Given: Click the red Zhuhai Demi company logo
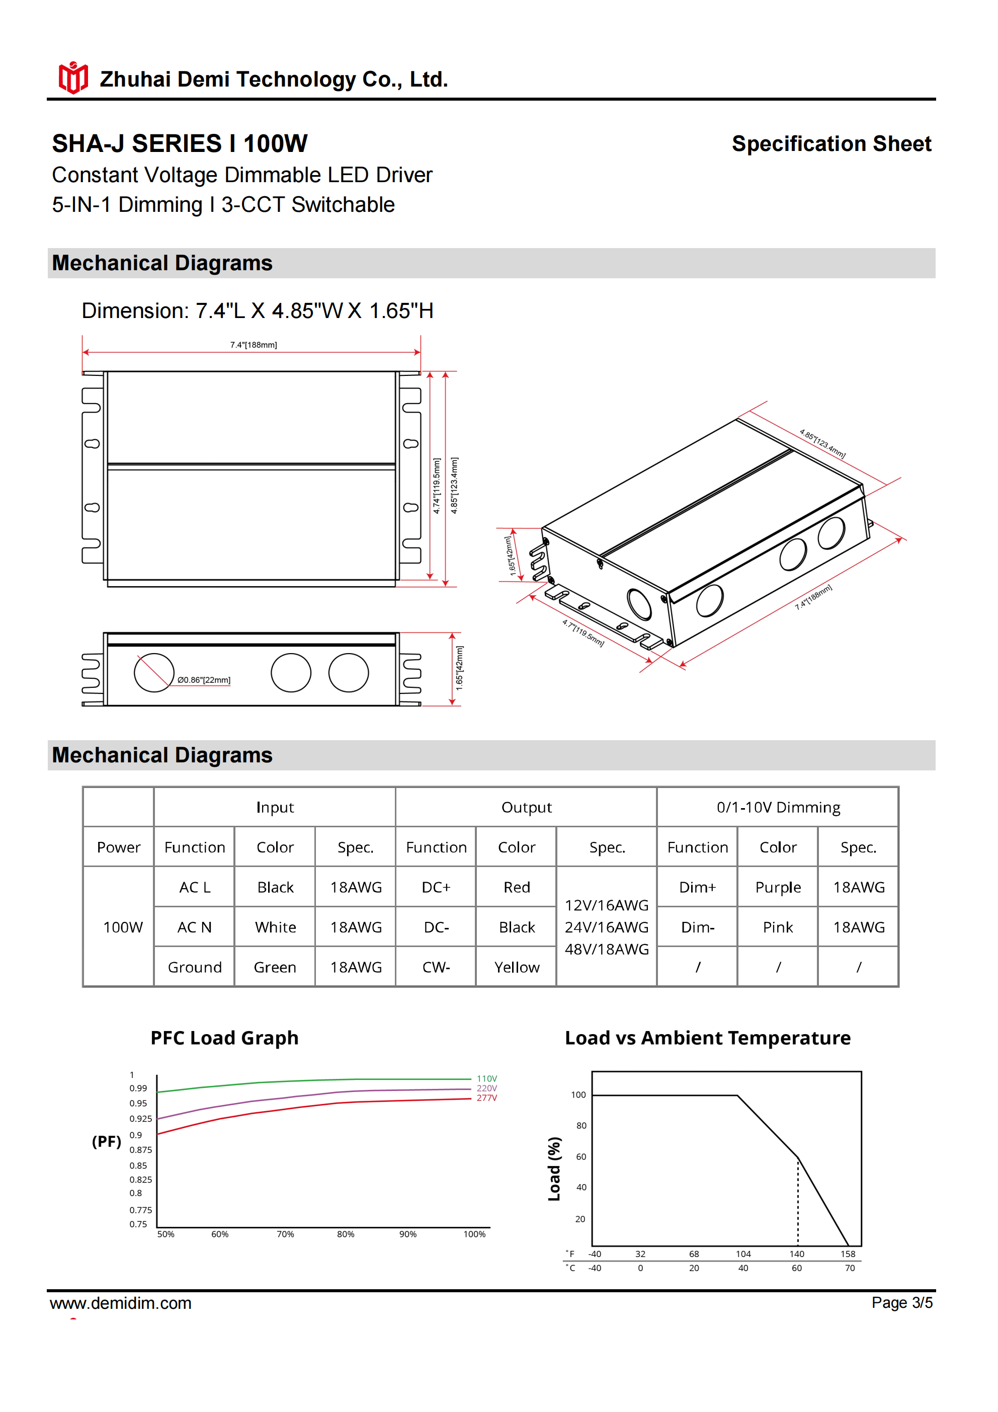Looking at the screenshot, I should tap(72, 77).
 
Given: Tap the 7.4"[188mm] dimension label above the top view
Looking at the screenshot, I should tap(254, 345).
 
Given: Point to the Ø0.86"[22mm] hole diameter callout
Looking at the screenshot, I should tap(204, 680).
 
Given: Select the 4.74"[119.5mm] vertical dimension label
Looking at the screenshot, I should tap(436, 486).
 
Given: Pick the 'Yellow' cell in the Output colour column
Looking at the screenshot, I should tap(517, 967).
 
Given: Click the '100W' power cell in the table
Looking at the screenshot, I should tap(122, 927).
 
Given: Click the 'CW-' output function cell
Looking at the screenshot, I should tap(436, 967).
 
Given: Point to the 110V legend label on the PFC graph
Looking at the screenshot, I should tap(486, 1079).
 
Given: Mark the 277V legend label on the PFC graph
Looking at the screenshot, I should tap(486, 1097).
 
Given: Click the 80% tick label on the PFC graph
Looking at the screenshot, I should tap(346, 1234).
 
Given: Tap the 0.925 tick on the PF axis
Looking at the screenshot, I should tap(140, 1119).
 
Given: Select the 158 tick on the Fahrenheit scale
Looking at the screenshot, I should tap(848, 1254).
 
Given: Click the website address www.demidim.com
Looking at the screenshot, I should tap(121, 1303).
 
